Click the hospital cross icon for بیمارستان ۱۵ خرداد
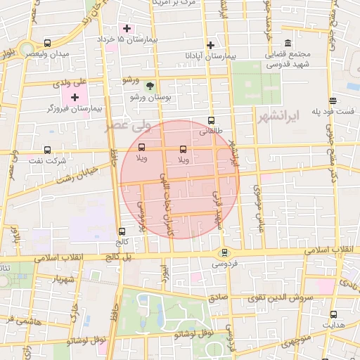coord(127,29)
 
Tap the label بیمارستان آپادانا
coord(209,55)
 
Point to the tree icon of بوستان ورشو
coord(149,85)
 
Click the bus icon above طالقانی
coord(212,120)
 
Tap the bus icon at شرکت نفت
coord(47,150)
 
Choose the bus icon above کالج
coord(122,231)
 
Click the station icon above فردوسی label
coord(224,253)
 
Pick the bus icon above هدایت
coord(333,315)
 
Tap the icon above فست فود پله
coord(333,100)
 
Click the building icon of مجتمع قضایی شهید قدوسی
coord(288,44)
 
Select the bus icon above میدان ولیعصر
coord(47,43)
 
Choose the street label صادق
coord(218,297)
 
